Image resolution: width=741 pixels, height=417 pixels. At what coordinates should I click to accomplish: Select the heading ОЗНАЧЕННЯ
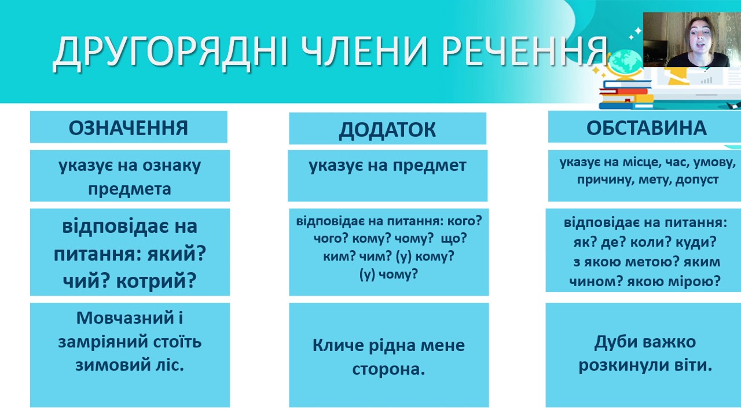129,128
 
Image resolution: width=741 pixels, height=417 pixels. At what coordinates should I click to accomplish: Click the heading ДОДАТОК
387,130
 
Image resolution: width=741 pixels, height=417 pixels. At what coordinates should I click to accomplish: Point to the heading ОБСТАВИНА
647,128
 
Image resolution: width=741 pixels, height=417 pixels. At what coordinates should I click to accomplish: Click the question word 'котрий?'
157,281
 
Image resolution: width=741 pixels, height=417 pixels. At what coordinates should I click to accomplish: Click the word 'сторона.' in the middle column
388,370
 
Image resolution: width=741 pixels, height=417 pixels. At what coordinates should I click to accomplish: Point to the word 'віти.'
694,365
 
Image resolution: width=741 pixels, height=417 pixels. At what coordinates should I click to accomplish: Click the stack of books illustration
626,96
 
